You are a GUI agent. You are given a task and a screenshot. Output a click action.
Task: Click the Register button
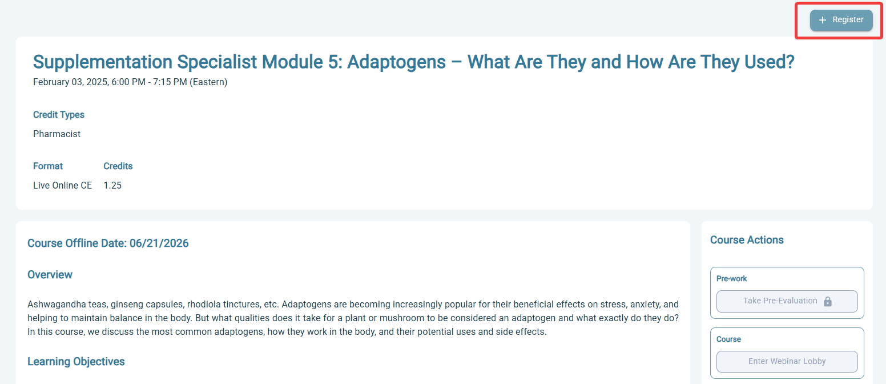coord(841,20)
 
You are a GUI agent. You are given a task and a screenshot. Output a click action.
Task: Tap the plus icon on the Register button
coord(822,20)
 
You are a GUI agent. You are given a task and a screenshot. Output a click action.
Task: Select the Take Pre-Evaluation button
coord(787,301)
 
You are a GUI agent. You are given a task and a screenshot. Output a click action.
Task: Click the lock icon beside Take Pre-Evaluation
coord(827,302)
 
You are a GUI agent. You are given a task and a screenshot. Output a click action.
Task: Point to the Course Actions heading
coord(747,240)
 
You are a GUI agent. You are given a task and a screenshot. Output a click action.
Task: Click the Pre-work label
coord(732,279)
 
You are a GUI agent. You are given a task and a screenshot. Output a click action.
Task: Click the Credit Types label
coord(59,115)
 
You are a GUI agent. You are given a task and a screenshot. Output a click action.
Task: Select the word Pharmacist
coord(57,134)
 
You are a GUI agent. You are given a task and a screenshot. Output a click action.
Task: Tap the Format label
coord(48,166)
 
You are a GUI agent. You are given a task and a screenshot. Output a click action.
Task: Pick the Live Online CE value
coord(62,185)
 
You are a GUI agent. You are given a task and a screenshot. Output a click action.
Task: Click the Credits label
coord(118,166)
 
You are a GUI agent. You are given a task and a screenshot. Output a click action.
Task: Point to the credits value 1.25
coord(112,185)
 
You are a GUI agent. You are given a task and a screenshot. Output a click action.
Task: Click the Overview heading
coord(50,275)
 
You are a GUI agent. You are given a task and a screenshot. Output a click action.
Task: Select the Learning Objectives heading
coord(76,362)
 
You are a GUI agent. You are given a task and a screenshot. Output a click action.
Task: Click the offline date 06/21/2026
coord(159,243)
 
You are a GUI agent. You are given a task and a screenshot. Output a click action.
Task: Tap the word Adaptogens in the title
coord(396,62)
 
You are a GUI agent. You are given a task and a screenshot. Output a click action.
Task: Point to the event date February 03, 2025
coord(70,82)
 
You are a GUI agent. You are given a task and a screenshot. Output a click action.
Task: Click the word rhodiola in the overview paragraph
coord(203,305)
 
